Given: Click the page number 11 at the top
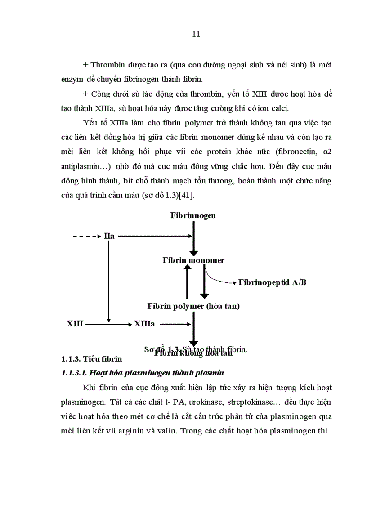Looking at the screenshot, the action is click(x=196, y=34).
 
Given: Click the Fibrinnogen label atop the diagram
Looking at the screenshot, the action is click(x=193, y=215).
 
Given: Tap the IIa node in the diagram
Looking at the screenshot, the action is click(x=109, y=236).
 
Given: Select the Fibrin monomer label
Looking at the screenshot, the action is click(x=193, y=260).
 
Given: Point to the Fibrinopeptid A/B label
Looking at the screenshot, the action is click(x=273, y=282).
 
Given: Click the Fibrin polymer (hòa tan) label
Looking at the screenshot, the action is click(x=193, y=306).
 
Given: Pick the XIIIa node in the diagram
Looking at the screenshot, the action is click(x=144, y=324).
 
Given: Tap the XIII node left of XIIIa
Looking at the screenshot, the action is click(x=75, y=324).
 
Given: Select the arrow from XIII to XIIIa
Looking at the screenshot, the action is click(x=108, y=324).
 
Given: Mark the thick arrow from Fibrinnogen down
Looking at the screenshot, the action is click(x=193, y=238).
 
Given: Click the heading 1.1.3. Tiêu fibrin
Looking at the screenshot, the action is click(x=91, y=359).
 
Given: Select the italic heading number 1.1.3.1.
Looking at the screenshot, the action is click(x=74, y=373).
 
